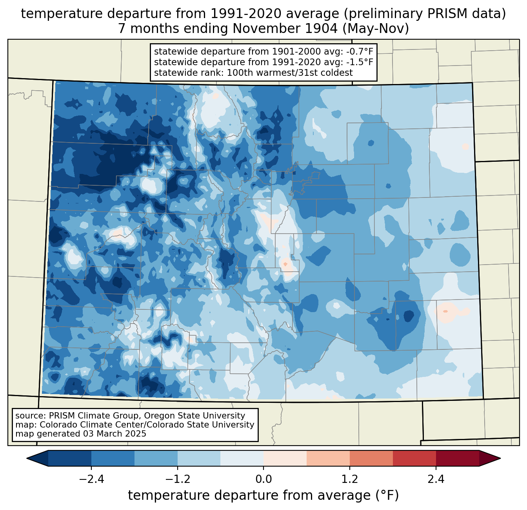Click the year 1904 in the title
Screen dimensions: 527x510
tap(322, 29)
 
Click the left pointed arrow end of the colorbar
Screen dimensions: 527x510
tap(37, 459)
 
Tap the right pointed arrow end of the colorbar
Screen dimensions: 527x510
tap(490, 459)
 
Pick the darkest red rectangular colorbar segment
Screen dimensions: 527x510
tap(458, 459)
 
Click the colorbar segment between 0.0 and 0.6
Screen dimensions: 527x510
tap(285, 459)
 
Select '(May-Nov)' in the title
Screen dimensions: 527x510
tap(376, 29)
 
